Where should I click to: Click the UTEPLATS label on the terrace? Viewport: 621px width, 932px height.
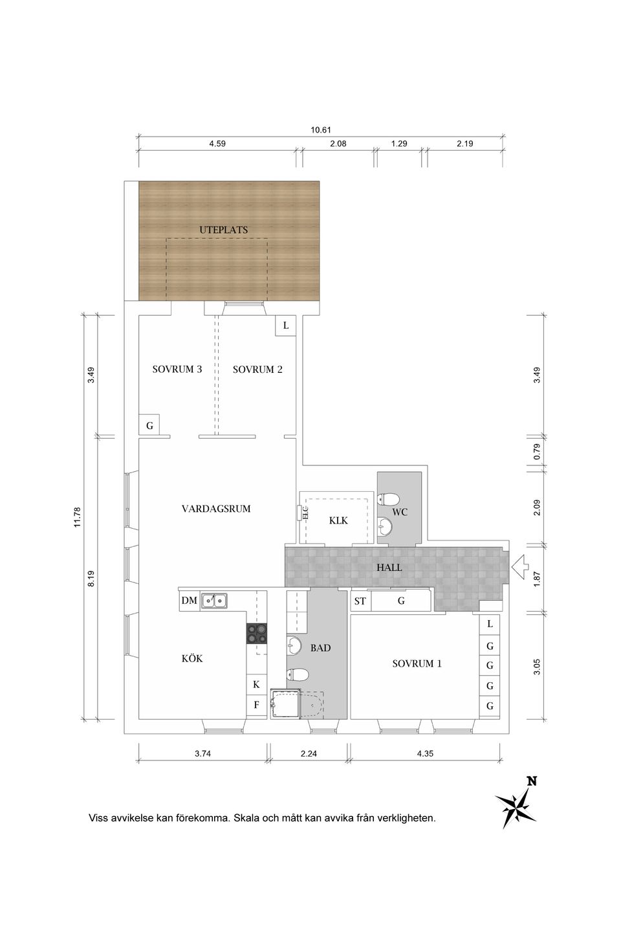click(x=223, y=230)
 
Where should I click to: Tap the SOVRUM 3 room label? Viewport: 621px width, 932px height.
click(x=177, y=370)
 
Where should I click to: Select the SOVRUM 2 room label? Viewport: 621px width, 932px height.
click(x=257, y=370)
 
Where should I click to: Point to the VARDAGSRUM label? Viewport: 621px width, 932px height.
click(x=216, y=509)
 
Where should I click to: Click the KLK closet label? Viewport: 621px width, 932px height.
click(x=338, y=520)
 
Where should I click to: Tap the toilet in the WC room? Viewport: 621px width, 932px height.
click(x=389, y=499)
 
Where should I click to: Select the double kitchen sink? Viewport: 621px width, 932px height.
click(x=214, y=601)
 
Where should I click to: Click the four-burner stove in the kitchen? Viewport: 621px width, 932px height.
click(x=256, y=633)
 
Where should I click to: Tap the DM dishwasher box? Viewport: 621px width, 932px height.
click(x=189, y=601)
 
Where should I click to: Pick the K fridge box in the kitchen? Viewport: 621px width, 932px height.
click(x=256, y=684)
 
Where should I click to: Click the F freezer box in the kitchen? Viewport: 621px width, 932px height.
click(x=256, y=705)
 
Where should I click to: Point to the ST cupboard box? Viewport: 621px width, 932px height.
click(x=360, y=601)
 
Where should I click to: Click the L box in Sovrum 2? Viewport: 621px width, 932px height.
click(x=286, y=326)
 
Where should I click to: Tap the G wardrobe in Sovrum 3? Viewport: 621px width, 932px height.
click(x=149, y=426)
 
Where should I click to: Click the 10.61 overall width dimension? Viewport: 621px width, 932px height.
click(x=321, y=130)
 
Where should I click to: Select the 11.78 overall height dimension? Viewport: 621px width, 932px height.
click(x=78, y=517)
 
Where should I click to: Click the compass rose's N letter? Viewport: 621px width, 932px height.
click(x=532, y=781)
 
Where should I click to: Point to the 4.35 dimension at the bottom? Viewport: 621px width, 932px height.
click(x=426, y=753)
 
